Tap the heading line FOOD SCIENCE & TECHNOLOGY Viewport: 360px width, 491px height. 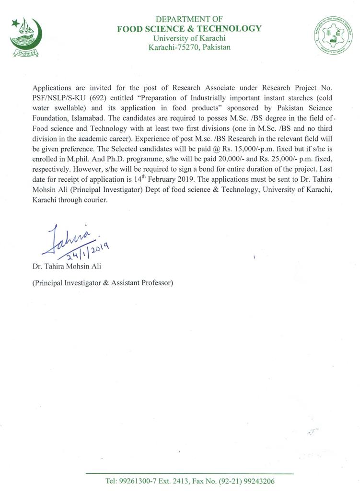(189, 28)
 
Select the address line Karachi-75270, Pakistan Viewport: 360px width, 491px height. (189, 47)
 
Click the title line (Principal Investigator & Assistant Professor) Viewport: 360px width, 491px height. (103, 283)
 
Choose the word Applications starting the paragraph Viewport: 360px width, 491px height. (51, 88)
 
